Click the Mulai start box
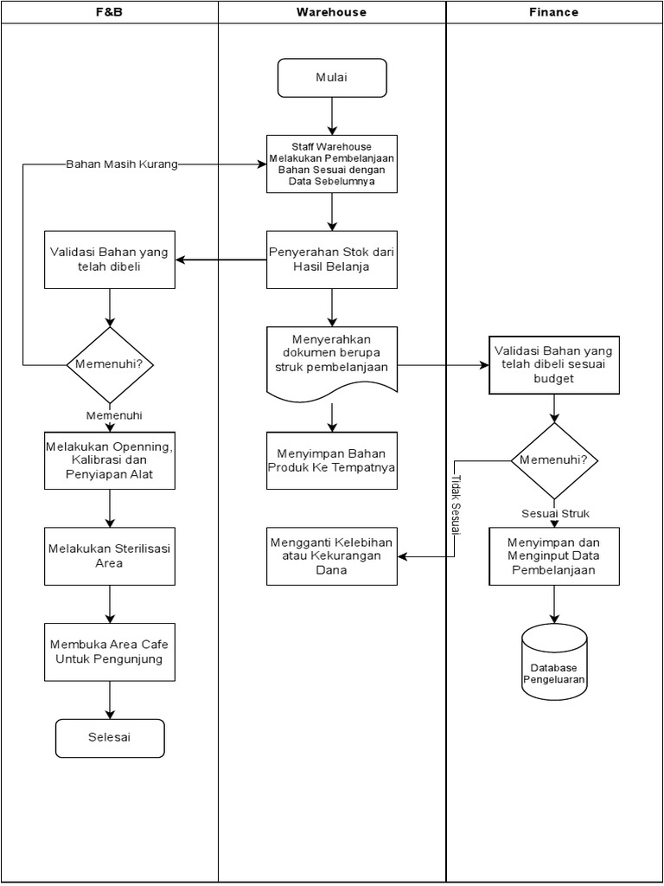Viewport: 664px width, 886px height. pos(332,78)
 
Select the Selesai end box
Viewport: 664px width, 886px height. pos(110,739)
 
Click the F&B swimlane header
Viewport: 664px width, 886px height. pos(110,12)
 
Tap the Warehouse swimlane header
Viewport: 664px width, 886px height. pos(332,12)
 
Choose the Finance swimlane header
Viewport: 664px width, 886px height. pos(553,12)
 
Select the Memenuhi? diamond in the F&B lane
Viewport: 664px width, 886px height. pos(110,365)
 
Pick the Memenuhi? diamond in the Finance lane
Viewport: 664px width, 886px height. pos(554,460)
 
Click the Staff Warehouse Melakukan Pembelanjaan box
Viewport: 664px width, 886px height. pos(332,164)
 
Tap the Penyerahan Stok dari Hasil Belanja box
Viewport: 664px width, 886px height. pos(332,260)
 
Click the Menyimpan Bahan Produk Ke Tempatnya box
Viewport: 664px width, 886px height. pos(332,460)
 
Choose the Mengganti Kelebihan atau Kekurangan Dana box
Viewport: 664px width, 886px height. pos(332,556)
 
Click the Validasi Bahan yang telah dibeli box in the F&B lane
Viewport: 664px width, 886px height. pos(110,260)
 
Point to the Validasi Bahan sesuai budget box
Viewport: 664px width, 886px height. pos(554,365)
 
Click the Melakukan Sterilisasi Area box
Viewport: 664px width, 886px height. pos(110,556)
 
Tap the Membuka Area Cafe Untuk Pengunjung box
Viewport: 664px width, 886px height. pos(110,652)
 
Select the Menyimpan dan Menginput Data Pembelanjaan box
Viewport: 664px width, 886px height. pos(554,556)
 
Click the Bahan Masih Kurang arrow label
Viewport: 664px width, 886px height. pos(122,164)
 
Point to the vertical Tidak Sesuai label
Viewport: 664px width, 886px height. pos(456,505)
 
